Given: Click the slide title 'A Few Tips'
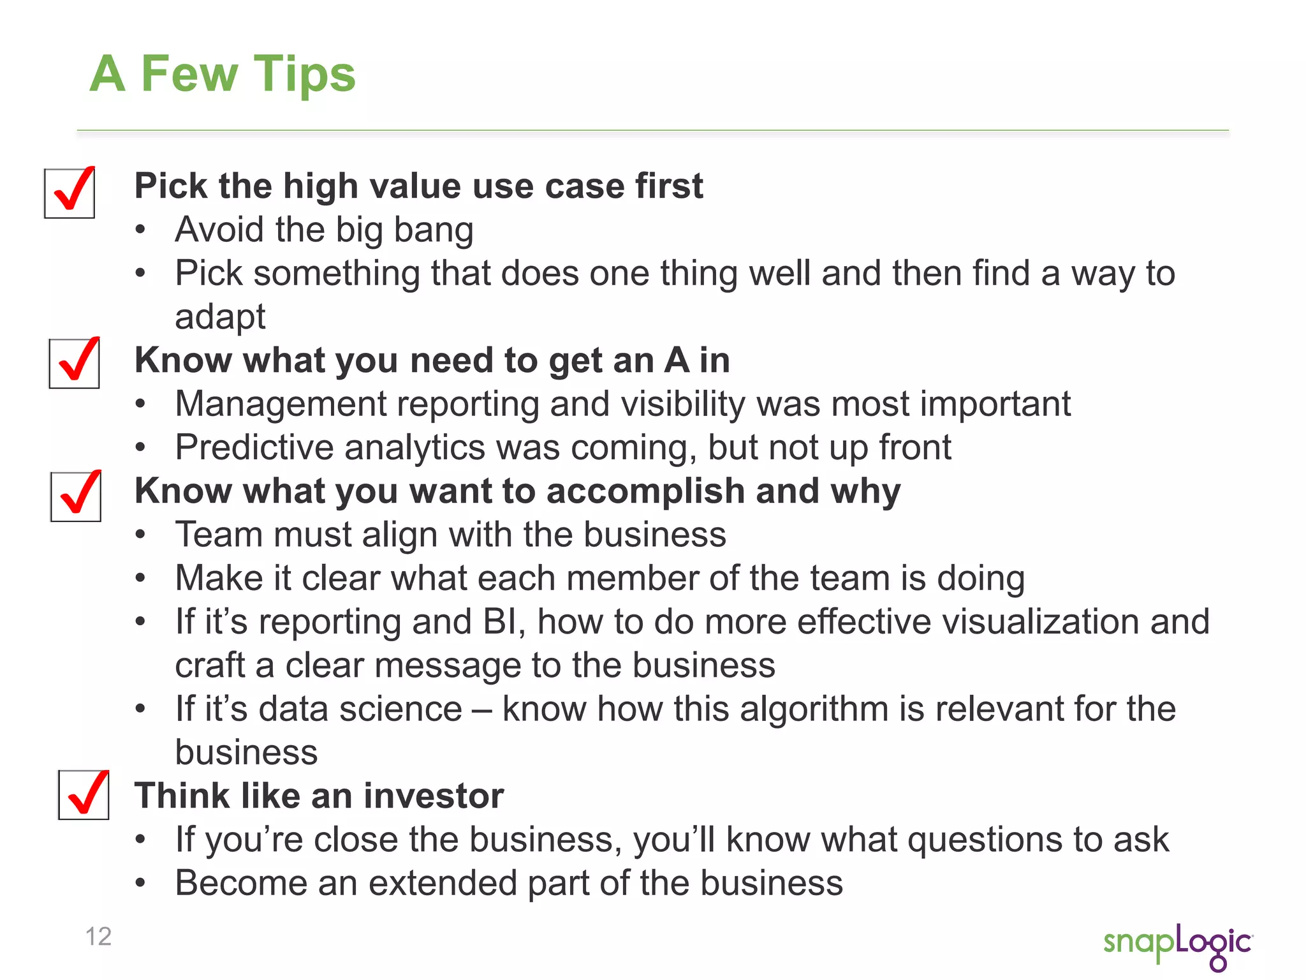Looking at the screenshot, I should [x=222, y=74].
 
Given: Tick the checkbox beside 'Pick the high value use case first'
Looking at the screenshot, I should [x=70, y=193].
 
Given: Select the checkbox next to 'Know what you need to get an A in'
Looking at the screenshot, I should [x=75, y=364].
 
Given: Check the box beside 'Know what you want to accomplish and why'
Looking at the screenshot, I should [x=76, y=496].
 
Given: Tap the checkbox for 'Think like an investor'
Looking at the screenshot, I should [x=84, y=795].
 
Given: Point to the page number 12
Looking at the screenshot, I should [x=98, y=936].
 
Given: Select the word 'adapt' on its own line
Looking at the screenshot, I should [x=220, y=317].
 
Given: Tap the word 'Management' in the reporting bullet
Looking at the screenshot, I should [x=281, y=405].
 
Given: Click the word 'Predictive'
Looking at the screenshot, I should [x=254, y=447].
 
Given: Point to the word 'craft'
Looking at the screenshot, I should [x=210, y=665].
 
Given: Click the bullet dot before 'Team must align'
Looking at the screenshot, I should [x=141, y=535].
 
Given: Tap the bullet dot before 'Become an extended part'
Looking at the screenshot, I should [x=141, y=884].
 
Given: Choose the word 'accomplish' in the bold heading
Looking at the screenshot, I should [x=645, y=491].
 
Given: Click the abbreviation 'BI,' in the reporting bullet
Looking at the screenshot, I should [x=504, y=622].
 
